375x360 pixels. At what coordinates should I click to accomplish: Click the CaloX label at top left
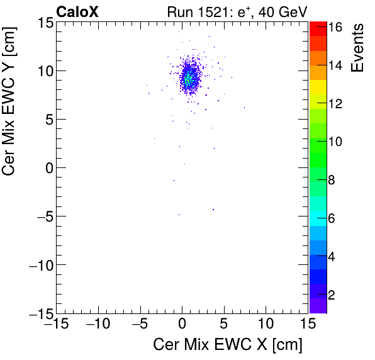77,11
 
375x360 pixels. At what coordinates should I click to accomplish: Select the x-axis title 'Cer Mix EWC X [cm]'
228,345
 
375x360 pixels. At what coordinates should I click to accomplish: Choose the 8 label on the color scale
335,181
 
